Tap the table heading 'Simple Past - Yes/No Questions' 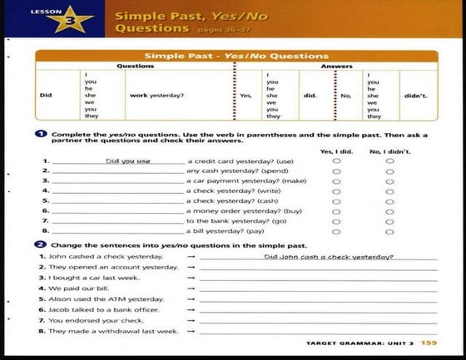pos(236,56)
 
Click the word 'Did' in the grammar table pos(47,95)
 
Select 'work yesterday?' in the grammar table pos(156,95)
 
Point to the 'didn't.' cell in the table pos(415,95)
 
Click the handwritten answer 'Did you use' pos(128,160)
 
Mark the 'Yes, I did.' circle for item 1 pos(336,160)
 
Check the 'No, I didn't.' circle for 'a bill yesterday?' pos(389,230)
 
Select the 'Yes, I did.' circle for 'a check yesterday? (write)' pos(336,190)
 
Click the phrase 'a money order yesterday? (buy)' pos(233,210)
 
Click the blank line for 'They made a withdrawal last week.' pos(316,333)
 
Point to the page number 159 pos(429,343)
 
